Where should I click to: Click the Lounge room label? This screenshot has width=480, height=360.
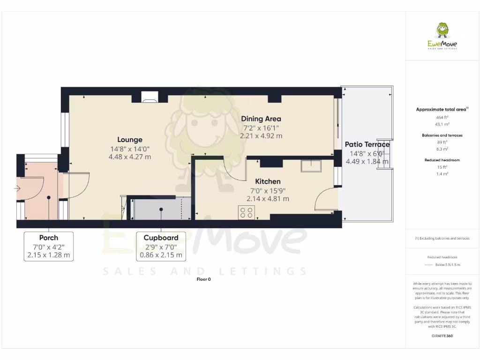coord(130,140)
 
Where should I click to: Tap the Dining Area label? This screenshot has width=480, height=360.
coord(262,119)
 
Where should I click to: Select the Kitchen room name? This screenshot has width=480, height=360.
coord(268,181)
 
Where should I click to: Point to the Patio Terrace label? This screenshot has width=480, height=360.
coord(367,144)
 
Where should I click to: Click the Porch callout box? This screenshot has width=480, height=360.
coord(49,246)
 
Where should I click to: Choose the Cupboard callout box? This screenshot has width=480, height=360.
coord(161,246)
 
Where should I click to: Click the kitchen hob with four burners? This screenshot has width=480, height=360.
coord(247,213)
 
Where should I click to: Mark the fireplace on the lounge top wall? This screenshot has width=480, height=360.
coord(150,98)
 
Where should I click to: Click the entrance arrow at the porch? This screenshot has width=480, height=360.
coord(17,188)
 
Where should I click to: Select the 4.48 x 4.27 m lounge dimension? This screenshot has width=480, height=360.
coord(130,157)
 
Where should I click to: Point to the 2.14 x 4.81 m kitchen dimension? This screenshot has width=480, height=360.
coord(268,199)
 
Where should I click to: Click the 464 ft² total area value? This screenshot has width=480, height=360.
coord(442,117)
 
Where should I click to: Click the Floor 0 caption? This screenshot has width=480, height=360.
coord(204,279)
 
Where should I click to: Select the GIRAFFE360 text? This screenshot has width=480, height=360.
coord(442,336)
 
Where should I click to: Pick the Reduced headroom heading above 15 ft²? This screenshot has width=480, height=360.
coord(442,160)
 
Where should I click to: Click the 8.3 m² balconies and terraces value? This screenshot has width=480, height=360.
coord(442,149)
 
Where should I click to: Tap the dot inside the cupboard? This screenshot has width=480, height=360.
coord(161,210)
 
